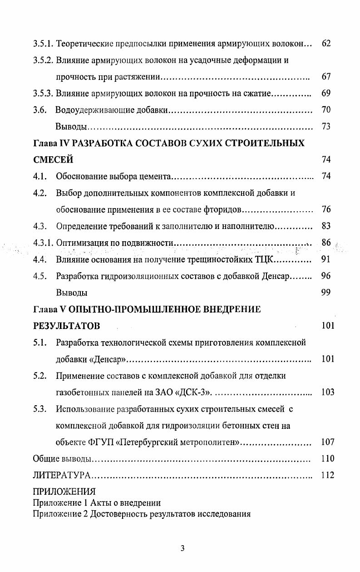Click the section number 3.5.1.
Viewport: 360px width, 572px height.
click(44, 44)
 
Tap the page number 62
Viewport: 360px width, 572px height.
click(325, 44)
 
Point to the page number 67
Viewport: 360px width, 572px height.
click(325, 77)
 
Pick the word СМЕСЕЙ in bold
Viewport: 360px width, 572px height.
click(53, 160)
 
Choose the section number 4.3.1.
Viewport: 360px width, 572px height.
click(44, 243)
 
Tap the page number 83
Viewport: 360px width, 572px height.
click(325, 226)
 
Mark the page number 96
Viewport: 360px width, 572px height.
click(325, 276)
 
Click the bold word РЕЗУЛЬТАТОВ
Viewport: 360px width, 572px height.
click(66, 326)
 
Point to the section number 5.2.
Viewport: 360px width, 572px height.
click(39, 376)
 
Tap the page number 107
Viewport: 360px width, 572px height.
click(327, 442)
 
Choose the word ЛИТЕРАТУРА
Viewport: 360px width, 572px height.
click(62, 475)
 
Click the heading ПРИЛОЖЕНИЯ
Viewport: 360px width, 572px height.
click(64, 492)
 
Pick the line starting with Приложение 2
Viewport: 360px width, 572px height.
click(142, 514)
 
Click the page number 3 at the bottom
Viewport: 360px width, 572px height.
click(182, 548)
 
